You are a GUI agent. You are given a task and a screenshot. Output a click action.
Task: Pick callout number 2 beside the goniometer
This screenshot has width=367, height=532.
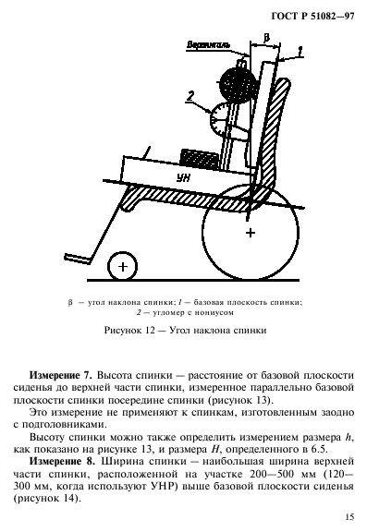[x=191, y=94]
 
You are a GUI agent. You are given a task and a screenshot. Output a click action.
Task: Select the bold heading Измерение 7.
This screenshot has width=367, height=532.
[x=60, y=377]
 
